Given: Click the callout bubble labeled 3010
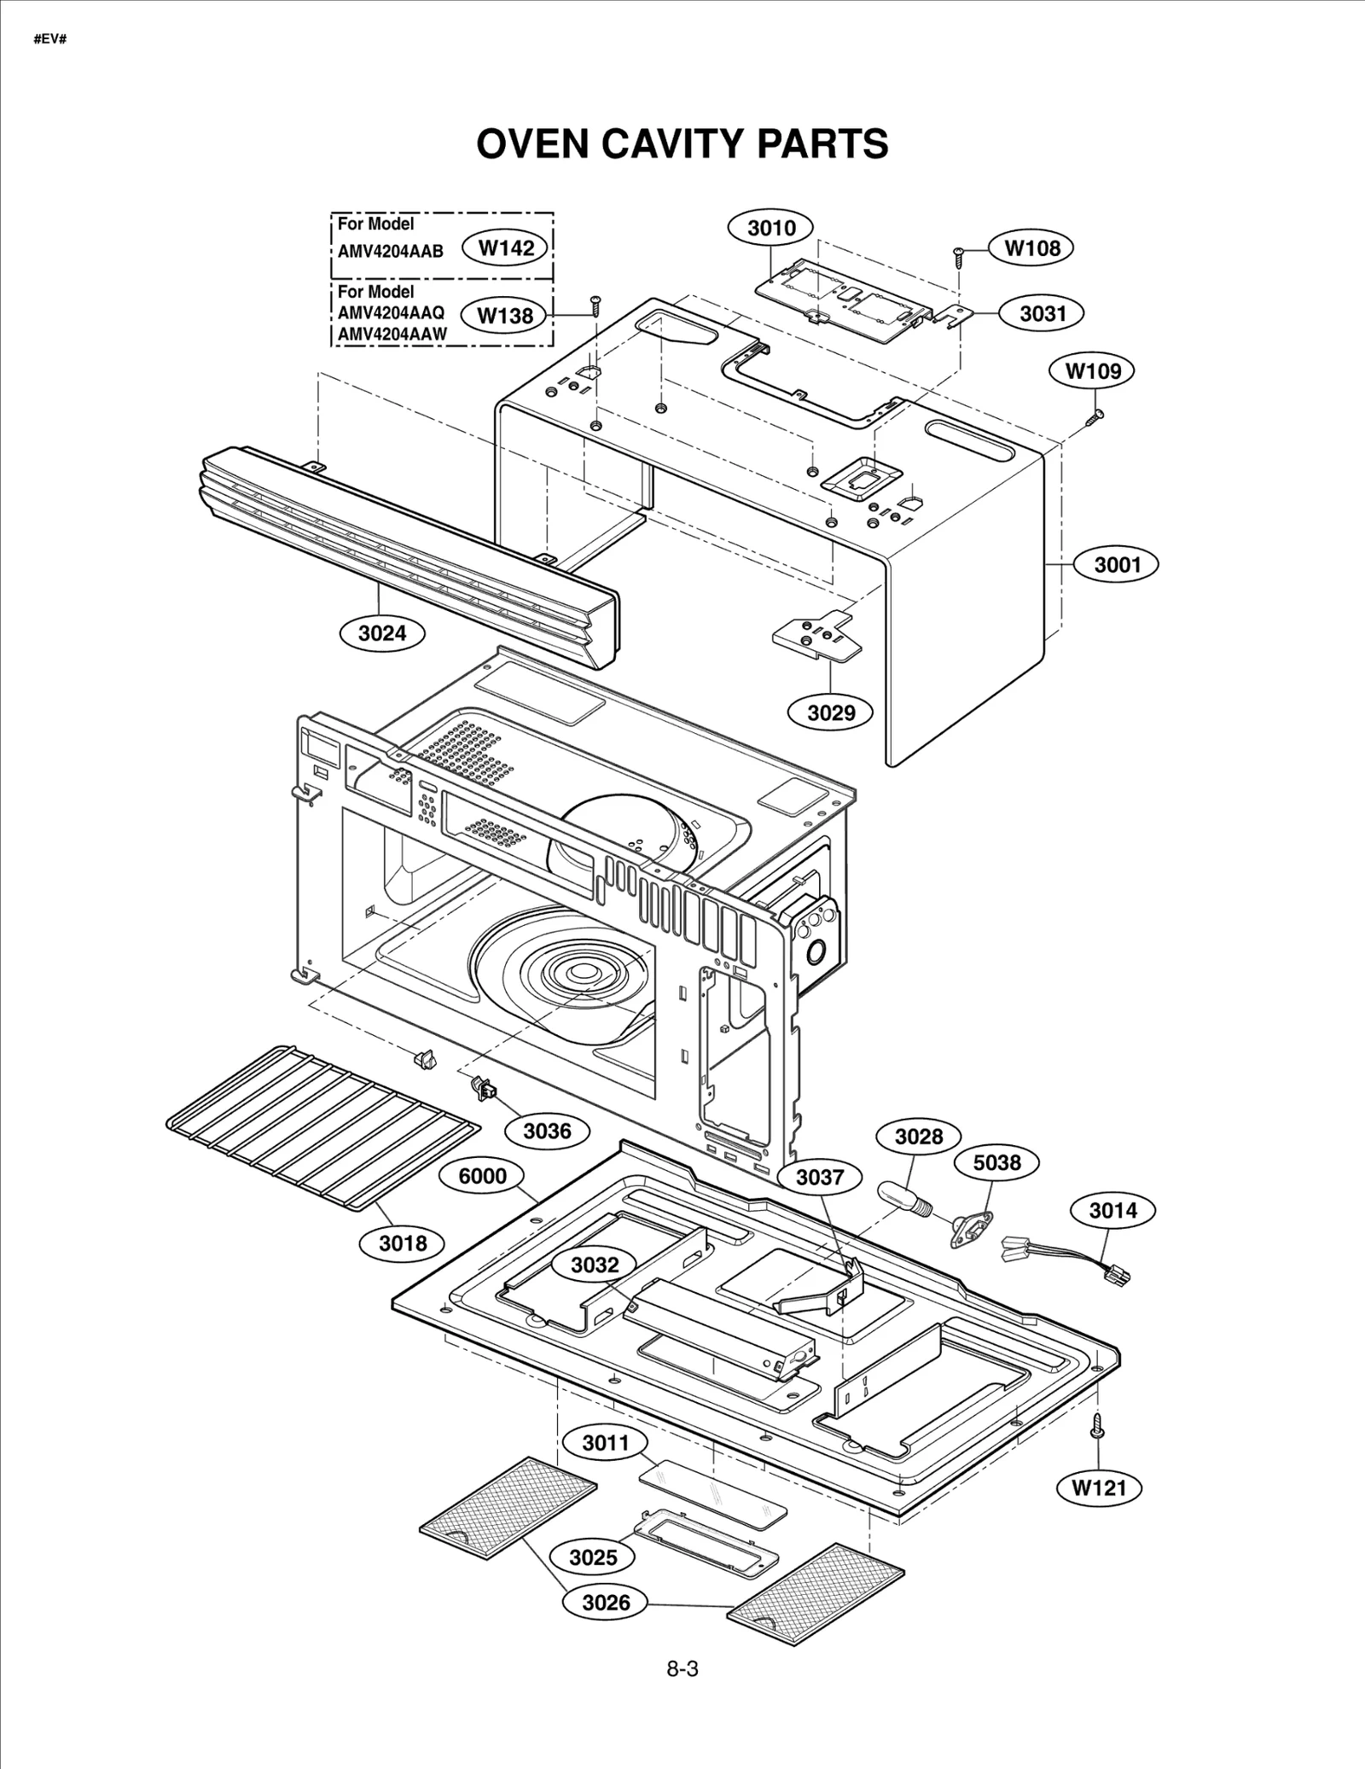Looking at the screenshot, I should (770, 228).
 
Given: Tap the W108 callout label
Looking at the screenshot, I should (1031, 247).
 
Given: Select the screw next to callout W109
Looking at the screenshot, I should (1095, 416).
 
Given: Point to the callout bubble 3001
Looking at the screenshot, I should (1117, 564).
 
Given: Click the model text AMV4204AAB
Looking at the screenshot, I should (390, 251).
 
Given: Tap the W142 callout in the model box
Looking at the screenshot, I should (506, 247).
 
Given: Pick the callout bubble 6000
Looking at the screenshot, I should (482, 1175).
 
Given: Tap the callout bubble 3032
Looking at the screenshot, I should (594, 1264).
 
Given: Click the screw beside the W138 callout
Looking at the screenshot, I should (595, 306).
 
